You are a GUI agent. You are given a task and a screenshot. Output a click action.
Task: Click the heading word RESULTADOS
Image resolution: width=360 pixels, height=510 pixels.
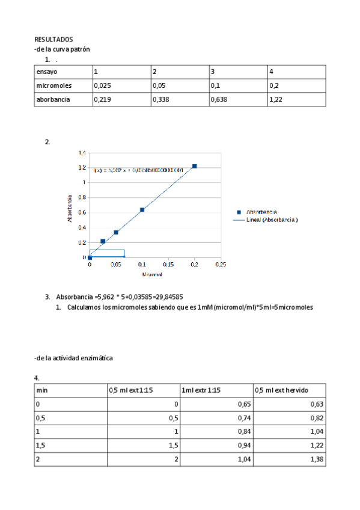[x=53, y=39]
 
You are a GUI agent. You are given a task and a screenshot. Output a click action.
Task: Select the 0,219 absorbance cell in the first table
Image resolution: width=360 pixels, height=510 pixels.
[x=102, y=100]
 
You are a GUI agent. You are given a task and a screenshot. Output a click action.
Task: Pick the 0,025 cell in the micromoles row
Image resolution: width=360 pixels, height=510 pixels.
[x=103, y=86]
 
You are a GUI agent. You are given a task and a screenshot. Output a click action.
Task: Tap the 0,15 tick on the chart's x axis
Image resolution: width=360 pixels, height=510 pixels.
[x=169, y=264]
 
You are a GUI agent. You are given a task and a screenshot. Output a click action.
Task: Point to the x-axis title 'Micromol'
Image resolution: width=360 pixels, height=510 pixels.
[x=151, y=274]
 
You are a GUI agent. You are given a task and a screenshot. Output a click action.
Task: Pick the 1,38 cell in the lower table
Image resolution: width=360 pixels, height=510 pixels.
[x=317, y=459]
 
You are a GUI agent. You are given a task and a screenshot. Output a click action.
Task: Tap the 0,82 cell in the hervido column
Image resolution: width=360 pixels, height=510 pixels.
[x=317, y=418]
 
